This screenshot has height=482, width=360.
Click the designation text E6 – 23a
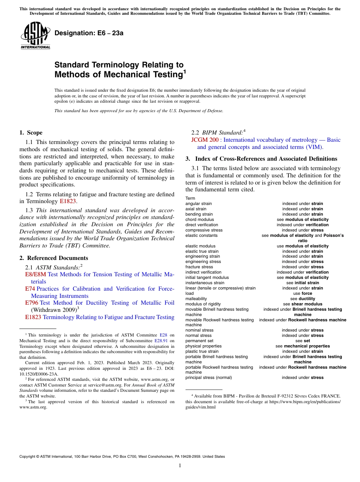point(89,33)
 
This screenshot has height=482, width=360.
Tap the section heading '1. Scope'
point(31,133)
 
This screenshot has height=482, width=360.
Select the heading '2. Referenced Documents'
point(49,258)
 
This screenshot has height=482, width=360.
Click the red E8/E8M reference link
point(35,274)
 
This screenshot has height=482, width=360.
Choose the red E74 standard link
point(30,289)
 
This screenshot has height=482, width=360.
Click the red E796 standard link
point(31,303)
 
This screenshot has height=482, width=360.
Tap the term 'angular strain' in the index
point(199,204)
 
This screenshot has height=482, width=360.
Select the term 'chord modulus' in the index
point(199,220)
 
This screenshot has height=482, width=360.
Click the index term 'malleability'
point(196,299)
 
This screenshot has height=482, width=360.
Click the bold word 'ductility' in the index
point(307,299)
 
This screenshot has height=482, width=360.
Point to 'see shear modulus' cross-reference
point(303,304)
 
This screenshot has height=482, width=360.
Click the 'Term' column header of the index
point(190,199)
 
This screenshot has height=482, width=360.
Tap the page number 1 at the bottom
point(180,466)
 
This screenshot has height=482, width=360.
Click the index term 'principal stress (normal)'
point(208,377)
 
